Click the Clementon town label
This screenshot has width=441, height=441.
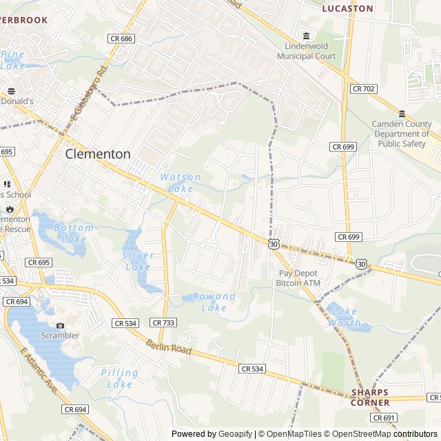coord(98,154)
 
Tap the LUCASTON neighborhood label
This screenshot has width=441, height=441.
coord(347,9)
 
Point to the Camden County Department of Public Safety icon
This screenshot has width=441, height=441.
coord(402,114)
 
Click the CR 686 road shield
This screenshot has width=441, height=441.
coord(121,39)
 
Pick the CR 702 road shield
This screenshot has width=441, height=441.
coord(363,88)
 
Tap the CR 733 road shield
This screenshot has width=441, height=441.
coord(163,322)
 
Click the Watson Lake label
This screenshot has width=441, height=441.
coord(181,183)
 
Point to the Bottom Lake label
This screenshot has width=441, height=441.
coord(73,234)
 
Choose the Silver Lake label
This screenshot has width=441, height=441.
coord(137,260)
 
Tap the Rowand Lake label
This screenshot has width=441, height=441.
coord(214,302)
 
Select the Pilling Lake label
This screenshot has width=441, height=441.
coord(120,378)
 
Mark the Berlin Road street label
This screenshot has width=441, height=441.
coord(168,346)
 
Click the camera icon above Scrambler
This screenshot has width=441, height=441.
coord(60,325)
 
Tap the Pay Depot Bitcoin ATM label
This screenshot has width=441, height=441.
coord(298,278)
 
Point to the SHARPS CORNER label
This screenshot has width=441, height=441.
coord(369,398)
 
